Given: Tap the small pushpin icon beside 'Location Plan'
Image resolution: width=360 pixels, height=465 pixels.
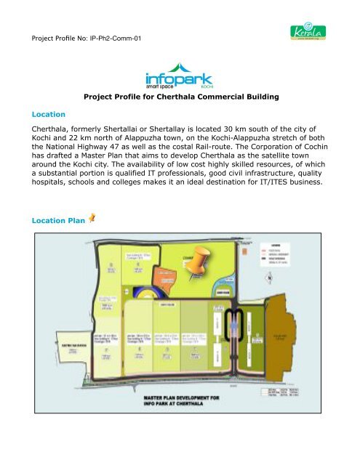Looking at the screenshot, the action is tap(92, 218).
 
